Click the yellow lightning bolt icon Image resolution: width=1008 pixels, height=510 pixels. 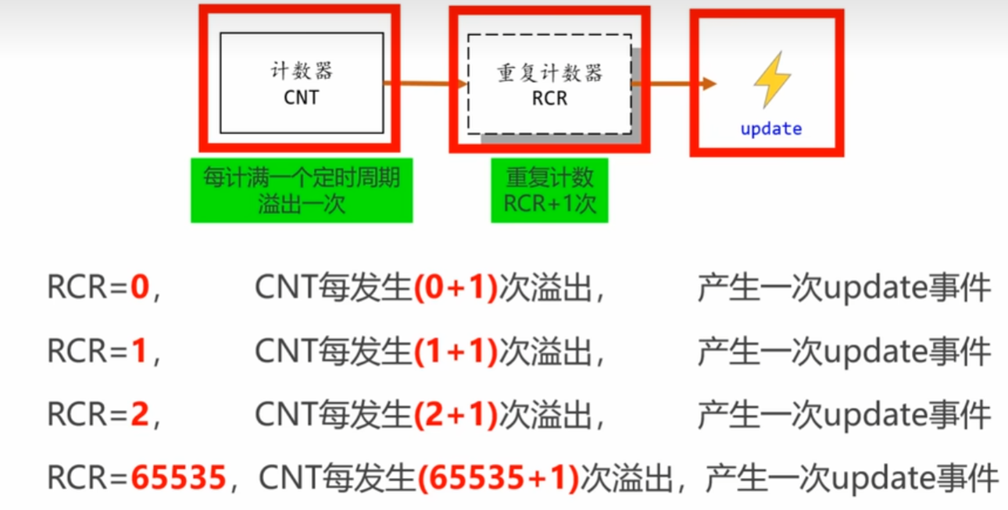point(771,79)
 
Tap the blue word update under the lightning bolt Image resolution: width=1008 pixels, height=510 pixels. point(770,129)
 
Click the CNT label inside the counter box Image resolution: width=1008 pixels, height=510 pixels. point(301,99)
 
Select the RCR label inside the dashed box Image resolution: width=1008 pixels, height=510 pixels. point(549,99)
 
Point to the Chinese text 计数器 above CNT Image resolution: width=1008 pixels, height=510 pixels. point(302,72)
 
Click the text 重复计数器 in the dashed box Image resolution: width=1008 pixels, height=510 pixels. point(549,73)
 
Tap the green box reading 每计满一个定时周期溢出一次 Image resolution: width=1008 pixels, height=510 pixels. point(302,191)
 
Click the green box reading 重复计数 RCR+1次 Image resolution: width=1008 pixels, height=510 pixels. point(549,191)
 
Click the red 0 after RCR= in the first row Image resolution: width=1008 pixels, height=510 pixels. point(139,290)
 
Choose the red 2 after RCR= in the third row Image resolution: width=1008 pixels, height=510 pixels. point(139,415)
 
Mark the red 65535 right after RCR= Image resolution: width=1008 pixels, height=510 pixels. point(178,477)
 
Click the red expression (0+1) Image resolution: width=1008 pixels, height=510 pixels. point(455,290)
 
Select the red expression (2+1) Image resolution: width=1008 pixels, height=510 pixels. point(455,415)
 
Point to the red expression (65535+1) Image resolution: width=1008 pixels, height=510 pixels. point(498,477)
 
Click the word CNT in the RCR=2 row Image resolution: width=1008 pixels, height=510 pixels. point(285,415)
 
